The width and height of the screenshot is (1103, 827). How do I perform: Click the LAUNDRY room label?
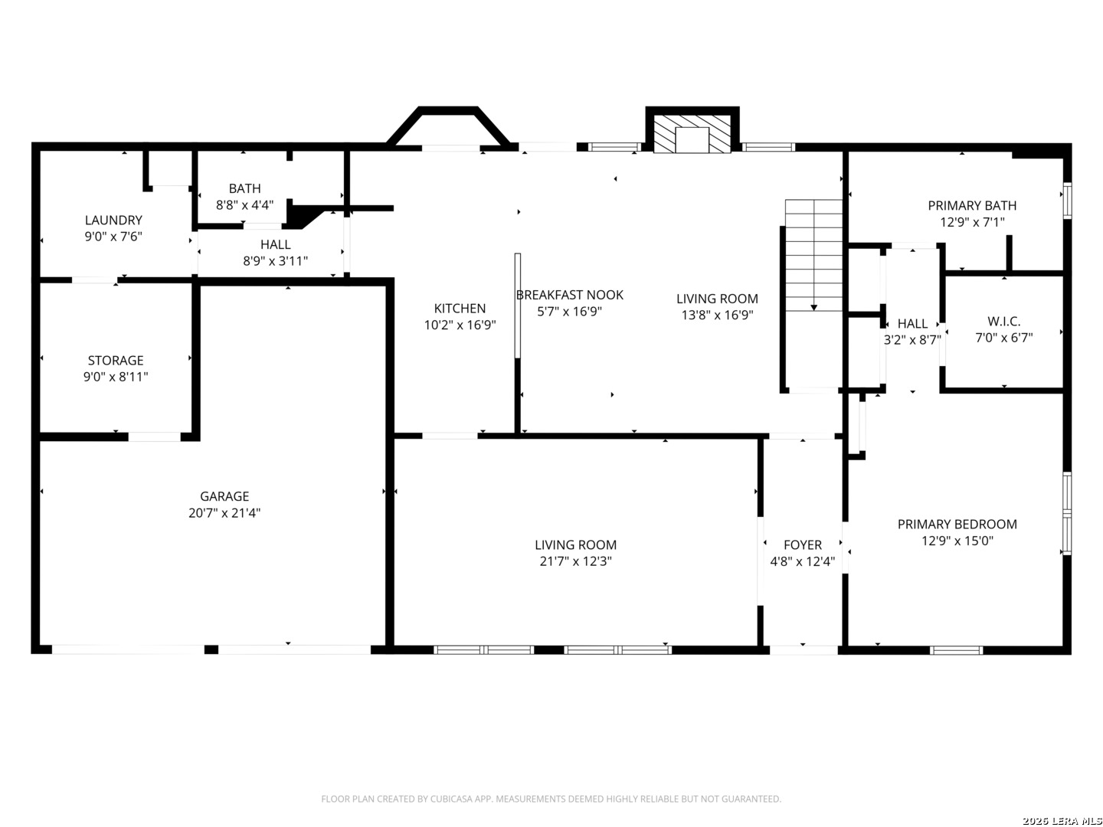113,220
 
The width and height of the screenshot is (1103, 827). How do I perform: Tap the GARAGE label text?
224,496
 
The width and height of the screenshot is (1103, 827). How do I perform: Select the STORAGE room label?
116,360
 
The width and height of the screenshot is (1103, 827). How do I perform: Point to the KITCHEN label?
460,309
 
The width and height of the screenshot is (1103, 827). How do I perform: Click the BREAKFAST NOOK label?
569,295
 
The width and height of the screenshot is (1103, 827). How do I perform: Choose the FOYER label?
803,544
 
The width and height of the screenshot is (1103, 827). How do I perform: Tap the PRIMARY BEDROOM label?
957,525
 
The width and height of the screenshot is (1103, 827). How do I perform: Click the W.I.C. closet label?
1003,322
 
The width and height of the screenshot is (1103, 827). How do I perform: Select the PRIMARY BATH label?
972,205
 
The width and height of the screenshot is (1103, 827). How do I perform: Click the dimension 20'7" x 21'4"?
224,513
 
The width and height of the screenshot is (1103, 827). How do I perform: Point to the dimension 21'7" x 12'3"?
575,561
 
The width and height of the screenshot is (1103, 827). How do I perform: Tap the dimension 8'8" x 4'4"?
244,205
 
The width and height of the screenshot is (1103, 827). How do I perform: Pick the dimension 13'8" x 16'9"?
717,315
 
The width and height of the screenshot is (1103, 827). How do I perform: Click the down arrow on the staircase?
813,307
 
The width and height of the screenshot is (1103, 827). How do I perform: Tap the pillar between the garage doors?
211,649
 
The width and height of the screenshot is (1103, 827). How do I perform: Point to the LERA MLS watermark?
1062,820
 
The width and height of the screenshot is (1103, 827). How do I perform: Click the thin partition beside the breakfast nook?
517,306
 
